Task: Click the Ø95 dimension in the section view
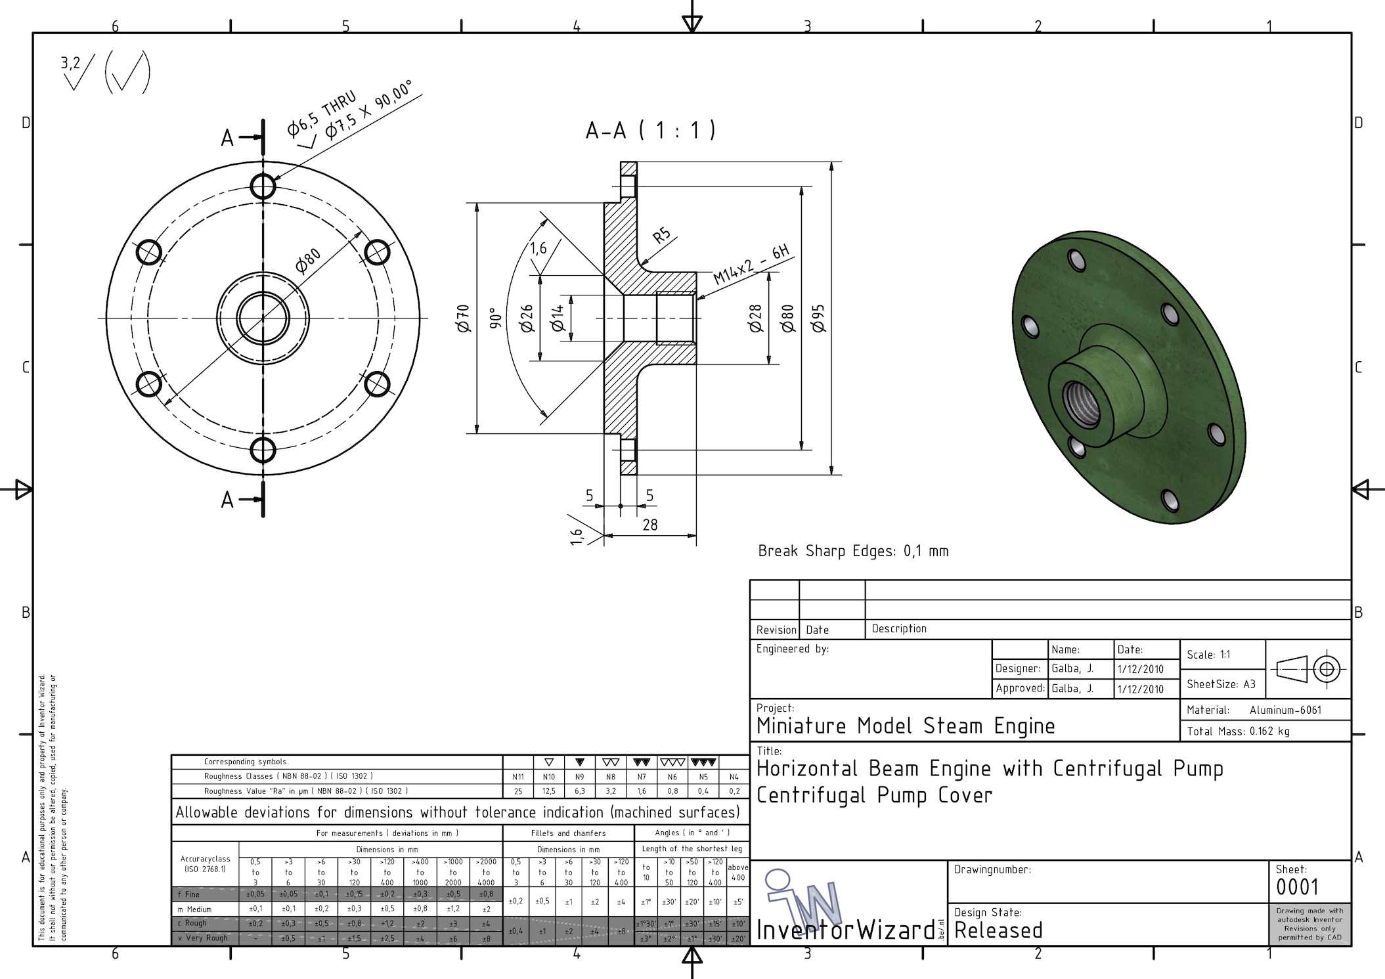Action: pos(819,318)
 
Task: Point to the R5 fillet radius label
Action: pos(661,235)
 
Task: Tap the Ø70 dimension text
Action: pos(464,318)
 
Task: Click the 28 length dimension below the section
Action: pos(649,525)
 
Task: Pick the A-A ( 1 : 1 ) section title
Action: pos(650,130)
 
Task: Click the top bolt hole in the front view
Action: pos(263,186)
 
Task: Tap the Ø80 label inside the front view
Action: pos(307,260)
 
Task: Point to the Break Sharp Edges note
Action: pos(853,551)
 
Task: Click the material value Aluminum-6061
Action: pos(1285,710)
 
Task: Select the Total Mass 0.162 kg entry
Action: pos(1238,731)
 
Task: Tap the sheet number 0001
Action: pos(1297,888)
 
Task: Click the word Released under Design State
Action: pos(998,930)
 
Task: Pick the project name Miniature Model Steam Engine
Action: pos(906,726)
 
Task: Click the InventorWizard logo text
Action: pos(846,930)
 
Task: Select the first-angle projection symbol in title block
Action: pos(1308,669)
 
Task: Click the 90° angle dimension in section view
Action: pos(496,318)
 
